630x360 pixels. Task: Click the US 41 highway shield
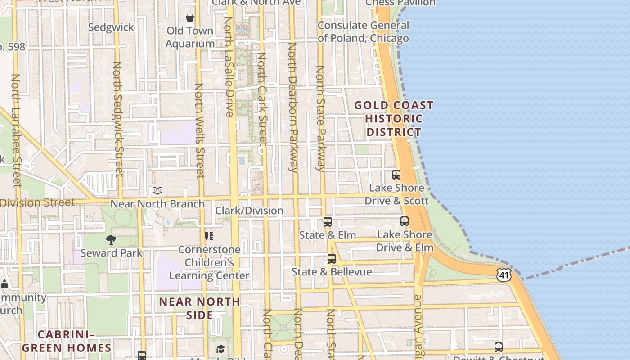(504, 275)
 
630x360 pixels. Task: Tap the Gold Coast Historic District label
(394, 119)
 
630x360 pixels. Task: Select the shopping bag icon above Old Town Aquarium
(190, 18)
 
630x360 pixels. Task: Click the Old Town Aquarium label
(190, 37)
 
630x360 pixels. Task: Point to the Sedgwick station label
(111, 27)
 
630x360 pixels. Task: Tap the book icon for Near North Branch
(157, 190)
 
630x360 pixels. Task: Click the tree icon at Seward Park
(111, 240)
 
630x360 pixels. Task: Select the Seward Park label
(111, 253)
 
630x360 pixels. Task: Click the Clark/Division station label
(249, 211)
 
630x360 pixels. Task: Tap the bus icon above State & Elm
(328, 222)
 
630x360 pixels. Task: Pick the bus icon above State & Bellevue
(332, 259)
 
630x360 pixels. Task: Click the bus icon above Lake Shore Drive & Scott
(396, 175)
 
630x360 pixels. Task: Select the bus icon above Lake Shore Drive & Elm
(405, 221)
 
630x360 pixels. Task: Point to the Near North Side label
(199, 308)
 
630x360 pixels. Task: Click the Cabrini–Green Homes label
(67, 341)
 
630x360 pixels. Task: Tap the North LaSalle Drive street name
(229, 67)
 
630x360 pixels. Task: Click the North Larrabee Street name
(16, 130)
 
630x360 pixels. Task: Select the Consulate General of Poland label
(363, 31)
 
